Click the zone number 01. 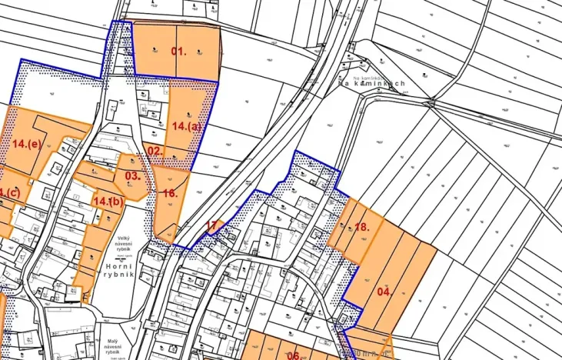[179, 52]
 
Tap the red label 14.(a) [187, 126]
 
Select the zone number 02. [155, 151]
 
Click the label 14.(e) [27, 144]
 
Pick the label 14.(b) [108, 201]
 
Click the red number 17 [211, 225]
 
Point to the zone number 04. [384, 292]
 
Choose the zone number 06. [293, 355]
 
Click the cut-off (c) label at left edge [10, 193]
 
